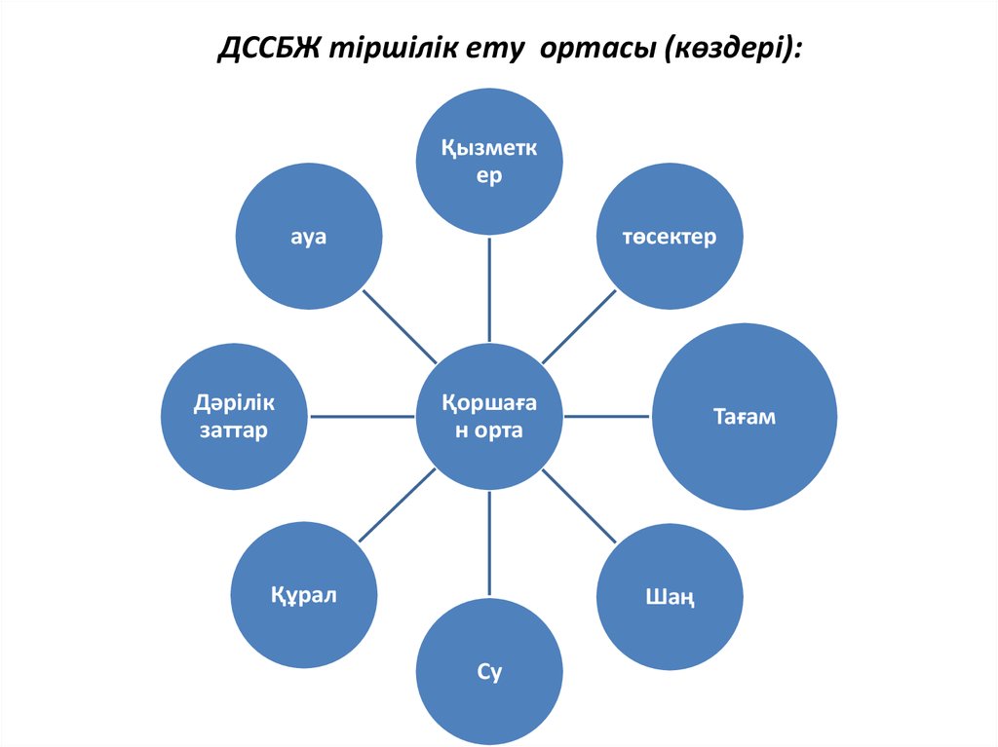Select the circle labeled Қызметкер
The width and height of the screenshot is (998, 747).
tap(489, 162)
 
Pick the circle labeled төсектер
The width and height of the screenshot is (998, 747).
tap(670, 237)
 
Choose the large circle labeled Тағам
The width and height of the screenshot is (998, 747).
tap(744, 417)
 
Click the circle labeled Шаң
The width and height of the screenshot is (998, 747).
tap(670, 595)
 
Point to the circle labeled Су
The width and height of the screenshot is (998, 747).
tap(489, 672)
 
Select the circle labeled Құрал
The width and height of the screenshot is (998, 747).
tap(304, 595)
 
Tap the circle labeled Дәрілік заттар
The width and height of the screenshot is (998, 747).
tap(234, 417)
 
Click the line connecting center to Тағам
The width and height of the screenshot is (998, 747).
tap(607, 417)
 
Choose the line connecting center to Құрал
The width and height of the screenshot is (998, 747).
tap(398, 506)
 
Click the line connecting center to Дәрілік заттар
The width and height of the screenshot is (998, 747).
tap(362, 417)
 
